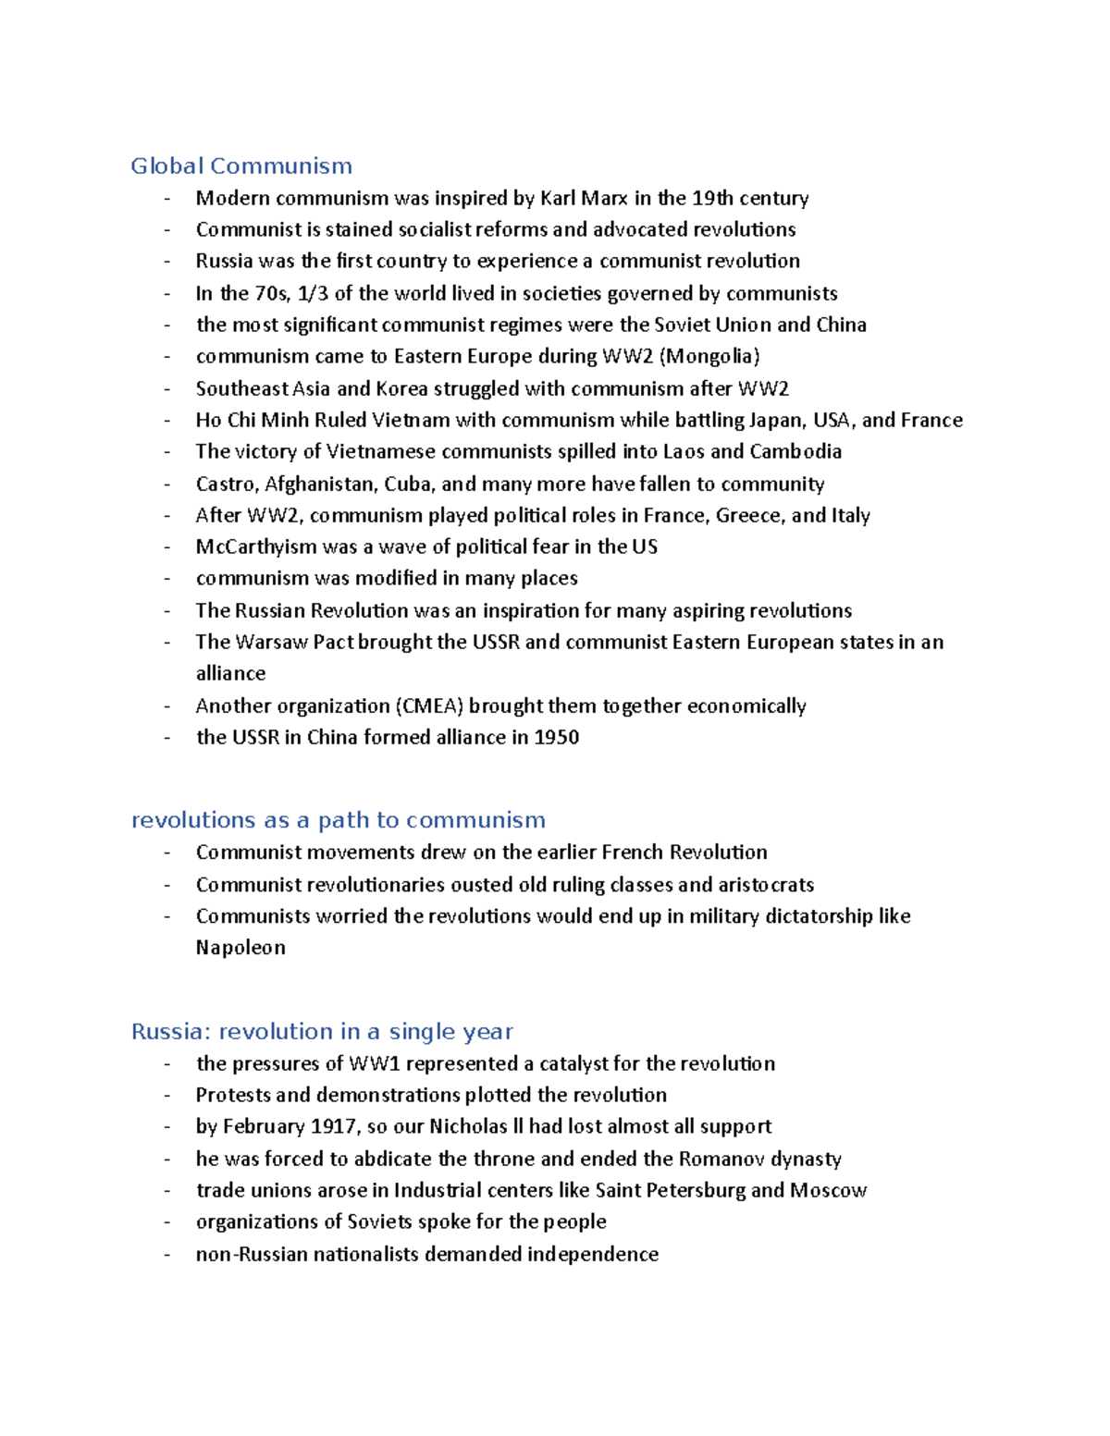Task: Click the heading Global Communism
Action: (x=241, y=166)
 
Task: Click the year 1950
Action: (x=557, y=738)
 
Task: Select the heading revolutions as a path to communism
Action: (x=339, y=820)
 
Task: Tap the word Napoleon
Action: (x=240, y=948)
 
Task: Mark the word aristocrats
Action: (x=766, y=885)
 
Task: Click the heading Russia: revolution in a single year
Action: (x=322, y=1032)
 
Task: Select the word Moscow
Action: (x=828, y=1191)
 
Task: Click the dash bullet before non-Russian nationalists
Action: (x=167, y=1255)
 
